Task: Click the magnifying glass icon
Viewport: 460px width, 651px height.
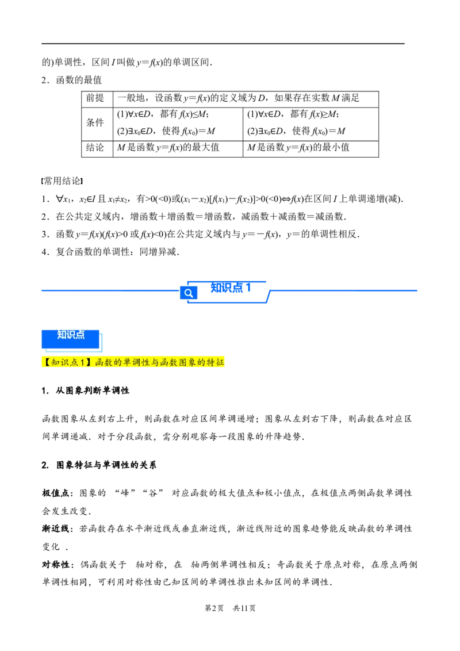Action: pyautogui.click(x=188, y=293)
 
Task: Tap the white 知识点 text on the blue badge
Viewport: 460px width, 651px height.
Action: pyautogui.click(x=71, y=335)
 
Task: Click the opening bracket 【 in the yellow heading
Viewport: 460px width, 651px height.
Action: pyautogui.click(x=45, y=362)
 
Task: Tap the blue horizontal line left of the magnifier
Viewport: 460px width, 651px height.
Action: pyautogui.click(x=109, y=291)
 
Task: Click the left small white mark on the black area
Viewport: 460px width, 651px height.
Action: pyautogui.click(x=44, y=182)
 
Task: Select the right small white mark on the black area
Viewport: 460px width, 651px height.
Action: pyautogui.click(x=80, y=181)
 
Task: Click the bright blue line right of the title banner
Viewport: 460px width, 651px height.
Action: pyautogui.click(x=345, y=291)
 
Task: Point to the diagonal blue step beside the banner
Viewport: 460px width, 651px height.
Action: pyautogui.click(x=269, y=297)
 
